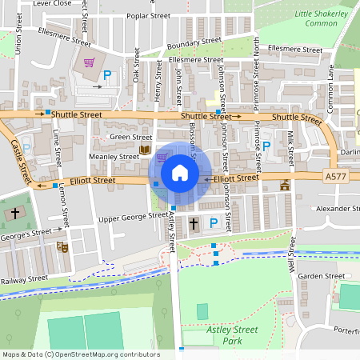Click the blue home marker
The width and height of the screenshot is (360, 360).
[x=180, y=173]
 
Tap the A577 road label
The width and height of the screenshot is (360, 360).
[x=337, y=175]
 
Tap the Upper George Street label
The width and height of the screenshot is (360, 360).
[x=133, y=216]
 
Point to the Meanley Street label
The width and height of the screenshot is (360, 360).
[x=114, y=157]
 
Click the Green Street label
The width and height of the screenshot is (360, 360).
[x=130, y=137]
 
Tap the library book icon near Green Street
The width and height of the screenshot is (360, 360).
[x=144, y=150]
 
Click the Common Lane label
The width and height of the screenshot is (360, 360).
[x=329, y=88]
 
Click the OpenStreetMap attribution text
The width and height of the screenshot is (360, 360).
[x=80, y=354]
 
